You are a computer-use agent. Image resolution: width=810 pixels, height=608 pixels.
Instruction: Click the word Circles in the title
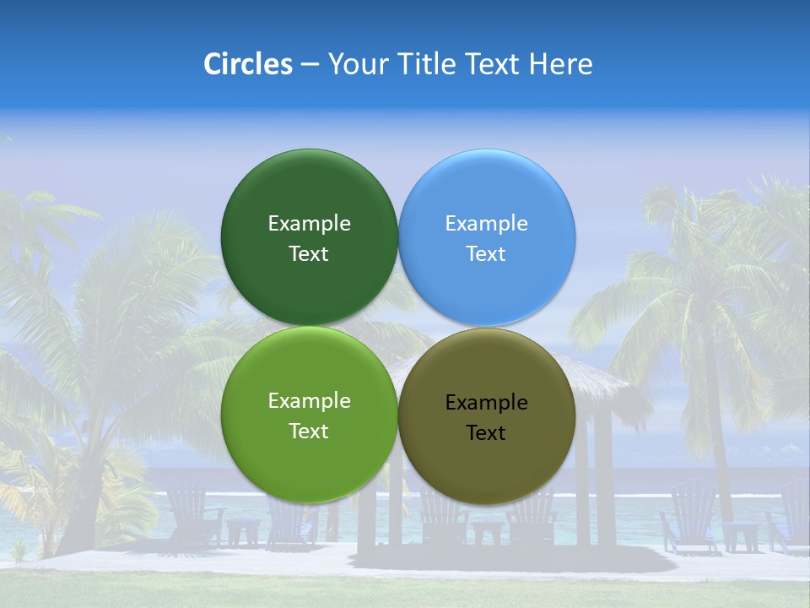coord(247,63)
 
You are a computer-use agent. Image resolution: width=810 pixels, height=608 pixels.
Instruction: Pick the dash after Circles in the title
coord(310,65)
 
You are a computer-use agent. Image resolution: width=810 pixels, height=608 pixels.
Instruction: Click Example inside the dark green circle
coord(309,223)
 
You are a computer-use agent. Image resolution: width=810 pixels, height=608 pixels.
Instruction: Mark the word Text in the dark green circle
coord(309,253)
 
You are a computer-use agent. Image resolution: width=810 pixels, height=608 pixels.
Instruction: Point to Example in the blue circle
coord(486,223)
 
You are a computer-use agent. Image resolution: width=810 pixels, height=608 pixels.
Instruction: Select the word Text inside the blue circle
coord(486,253)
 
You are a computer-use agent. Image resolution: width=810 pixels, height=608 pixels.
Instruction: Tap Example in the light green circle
coord(309,400)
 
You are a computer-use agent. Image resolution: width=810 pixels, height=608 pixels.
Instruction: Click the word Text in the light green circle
coord(309,431)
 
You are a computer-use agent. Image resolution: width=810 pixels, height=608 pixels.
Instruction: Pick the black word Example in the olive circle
coord(486,402)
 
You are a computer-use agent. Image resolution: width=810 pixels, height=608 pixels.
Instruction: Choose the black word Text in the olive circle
coord(486,432)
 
